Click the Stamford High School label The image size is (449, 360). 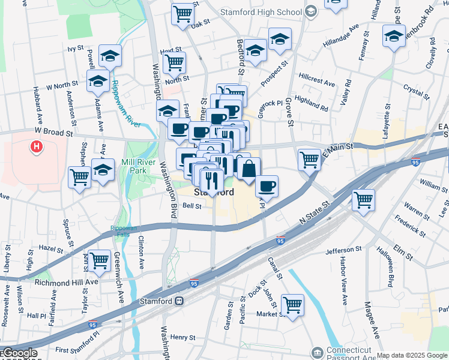point(261,11)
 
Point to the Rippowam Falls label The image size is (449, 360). point(124,231)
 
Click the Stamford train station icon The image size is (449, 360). point(178,301)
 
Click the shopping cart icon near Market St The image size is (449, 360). point(292,304)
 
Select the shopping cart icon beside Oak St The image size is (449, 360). point(183,14)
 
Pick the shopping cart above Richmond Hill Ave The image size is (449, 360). point(99,260)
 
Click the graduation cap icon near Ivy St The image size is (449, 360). point(110,56)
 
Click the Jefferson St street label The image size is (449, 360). point(345,248)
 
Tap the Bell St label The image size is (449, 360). point(191,206)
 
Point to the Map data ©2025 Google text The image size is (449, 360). point(412,356)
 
